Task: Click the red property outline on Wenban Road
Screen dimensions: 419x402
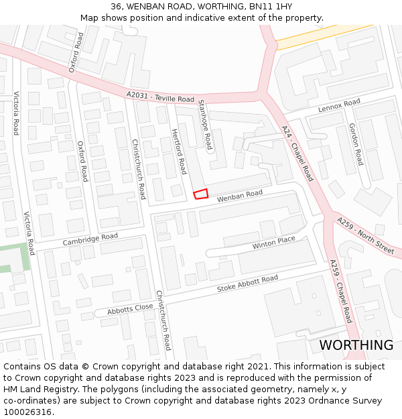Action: click(x=200, y=194)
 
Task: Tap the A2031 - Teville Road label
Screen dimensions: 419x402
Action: click(x=160, y=98)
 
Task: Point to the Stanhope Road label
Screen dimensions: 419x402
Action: click(x=204, y=124)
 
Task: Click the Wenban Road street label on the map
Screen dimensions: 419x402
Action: click(x=239, y=195)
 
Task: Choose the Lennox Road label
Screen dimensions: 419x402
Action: click(x=339, y=105)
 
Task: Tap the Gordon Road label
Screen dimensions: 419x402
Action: click(x=356, y=144)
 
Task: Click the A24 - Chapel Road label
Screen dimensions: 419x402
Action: click(x=297, y=154)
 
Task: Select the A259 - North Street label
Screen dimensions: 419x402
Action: click(x=365, y=235)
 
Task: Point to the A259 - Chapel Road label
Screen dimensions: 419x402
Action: click(x=341, y=292)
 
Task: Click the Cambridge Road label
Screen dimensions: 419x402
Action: click(x=90, y=239)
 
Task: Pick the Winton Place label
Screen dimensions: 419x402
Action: click(x=273, y=243)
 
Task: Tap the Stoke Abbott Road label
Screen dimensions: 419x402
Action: click(x=247, y=284)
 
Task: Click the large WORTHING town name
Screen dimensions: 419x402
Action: click(x=356, y=345)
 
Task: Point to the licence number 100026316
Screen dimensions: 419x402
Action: click(x=26, y=412)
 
